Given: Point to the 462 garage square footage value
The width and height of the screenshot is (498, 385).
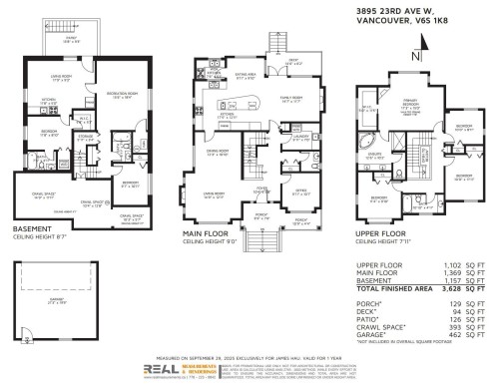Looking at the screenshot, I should [x=442, y=333].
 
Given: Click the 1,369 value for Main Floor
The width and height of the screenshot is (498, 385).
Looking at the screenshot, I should [x=439, y=272].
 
